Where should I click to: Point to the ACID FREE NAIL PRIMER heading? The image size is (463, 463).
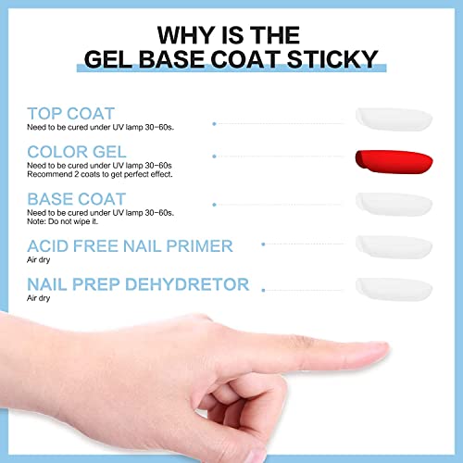pyautogui.click(x=130, y=245)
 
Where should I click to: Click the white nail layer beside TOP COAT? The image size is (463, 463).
pyautogui.click(x=394, y=117)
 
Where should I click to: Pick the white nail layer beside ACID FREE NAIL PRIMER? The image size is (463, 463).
pyautogui.click(x=394, y=245)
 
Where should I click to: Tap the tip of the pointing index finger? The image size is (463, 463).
pyautogui.click(x=381, y=353)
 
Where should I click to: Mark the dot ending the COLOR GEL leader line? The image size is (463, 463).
pyautogui.click(x=214, y=156)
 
